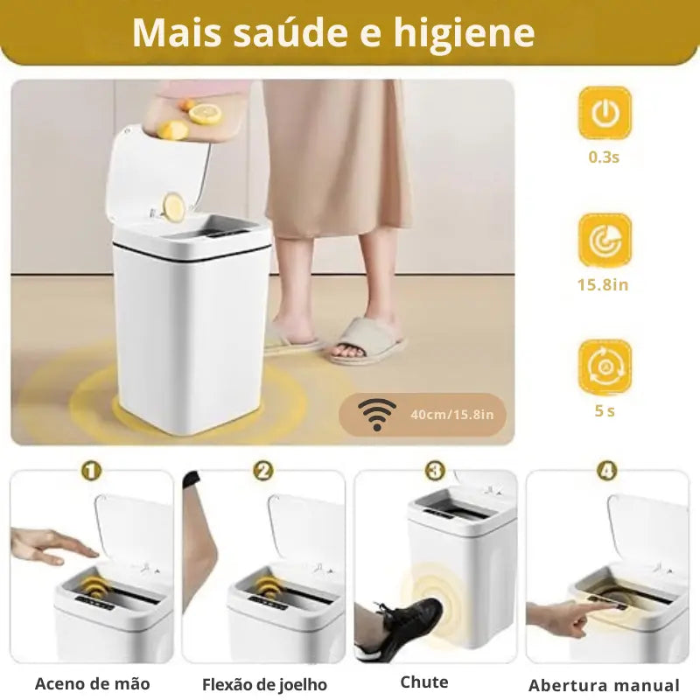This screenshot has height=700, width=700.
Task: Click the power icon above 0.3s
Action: pyautogui.click(x=605, y=113)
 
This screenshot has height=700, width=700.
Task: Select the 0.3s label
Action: pyautogui.click(x=605, y=158)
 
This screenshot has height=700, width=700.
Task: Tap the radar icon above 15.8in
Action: pyautogui.click(x=605, y=240)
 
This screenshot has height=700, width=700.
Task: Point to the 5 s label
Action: pyautogui.click(x=605, y=410)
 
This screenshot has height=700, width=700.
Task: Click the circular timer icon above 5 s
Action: pyautogui.click(x=605, y=367)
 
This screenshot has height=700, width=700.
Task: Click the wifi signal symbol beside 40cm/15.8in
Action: pyautogui.click(x=377, y=414)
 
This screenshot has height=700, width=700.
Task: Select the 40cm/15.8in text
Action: pyautogui.click(x=458, y=414)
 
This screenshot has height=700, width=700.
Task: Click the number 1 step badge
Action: pyautogui.click(x=92, y=471)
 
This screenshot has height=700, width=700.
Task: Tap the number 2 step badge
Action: pyautogui.click(x=263, y=471)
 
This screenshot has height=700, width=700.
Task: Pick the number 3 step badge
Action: pyautogui.click(x=435, y=471)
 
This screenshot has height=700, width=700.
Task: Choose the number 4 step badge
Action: pyautogui.click(x=606, y=471)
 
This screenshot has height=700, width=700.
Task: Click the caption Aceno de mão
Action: pyautogui.click(x=92, y=683)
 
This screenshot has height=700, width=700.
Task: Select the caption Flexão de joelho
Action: pyautogui.click(x=264, y=684)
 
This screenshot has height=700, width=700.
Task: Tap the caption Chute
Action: pyautogui.click(x=424, y=682)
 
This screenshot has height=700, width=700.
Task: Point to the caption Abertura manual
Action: pyautogui.click(x=604, y=685)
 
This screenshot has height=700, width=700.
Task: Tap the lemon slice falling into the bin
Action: pyautogui.click(x=176, y=206)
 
